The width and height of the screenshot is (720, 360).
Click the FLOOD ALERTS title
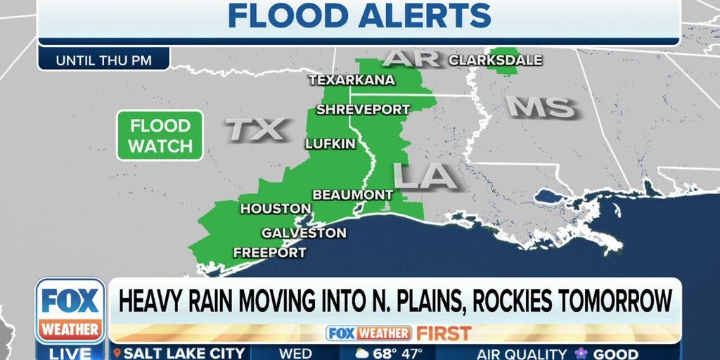[x=359, y=15]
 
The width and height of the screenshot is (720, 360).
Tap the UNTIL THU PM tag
[x=103, y=60]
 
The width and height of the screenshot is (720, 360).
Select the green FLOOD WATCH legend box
[x=160, y=136]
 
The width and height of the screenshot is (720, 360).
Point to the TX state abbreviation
[x=256, y=129]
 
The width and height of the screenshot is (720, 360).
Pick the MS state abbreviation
[x=541, y=107]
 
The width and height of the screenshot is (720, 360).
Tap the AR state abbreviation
[x=410, y=58]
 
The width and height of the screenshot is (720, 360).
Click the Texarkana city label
[x=352, y=80]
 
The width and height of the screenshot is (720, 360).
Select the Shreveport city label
[x=363, y=110]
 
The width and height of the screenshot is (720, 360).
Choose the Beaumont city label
[x=352, y=194]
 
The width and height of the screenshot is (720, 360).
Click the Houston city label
[x=276, y=209]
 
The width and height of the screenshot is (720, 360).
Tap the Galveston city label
[x=304, y=233]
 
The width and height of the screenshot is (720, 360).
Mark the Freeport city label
[x=269, y=252]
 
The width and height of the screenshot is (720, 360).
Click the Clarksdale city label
[x=495, y=60]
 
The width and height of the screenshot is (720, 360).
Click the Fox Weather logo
[x=70, y=310]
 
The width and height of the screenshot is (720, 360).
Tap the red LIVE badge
[x=70, y=353]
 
